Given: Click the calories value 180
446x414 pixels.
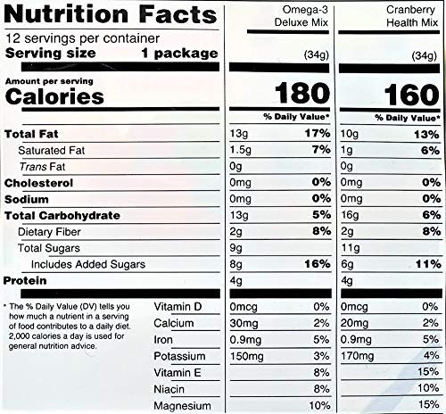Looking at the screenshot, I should pos(300,94).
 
